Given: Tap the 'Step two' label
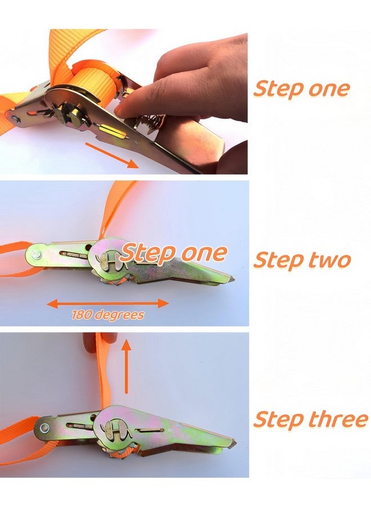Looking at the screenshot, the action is [x=302, y=260].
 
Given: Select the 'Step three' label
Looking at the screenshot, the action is [x=310, y=419].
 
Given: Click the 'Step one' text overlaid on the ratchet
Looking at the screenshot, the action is [x=174, y=253].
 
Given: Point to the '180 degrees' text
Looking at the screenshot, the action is [x=108, y=314].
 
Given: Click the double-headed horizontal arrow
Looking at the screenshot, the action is [x=108, y=304].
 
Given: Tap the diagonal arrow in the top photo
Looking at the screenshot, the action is [x=112, y=156].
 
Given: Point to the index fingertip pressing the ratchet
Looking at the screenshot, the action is [x=121, y=110].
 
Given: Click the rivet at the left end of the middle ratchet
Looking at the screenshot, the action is [x=37, y=256].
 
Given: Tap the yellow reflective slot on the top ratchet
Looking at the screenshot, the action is [x=112, y=132].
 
